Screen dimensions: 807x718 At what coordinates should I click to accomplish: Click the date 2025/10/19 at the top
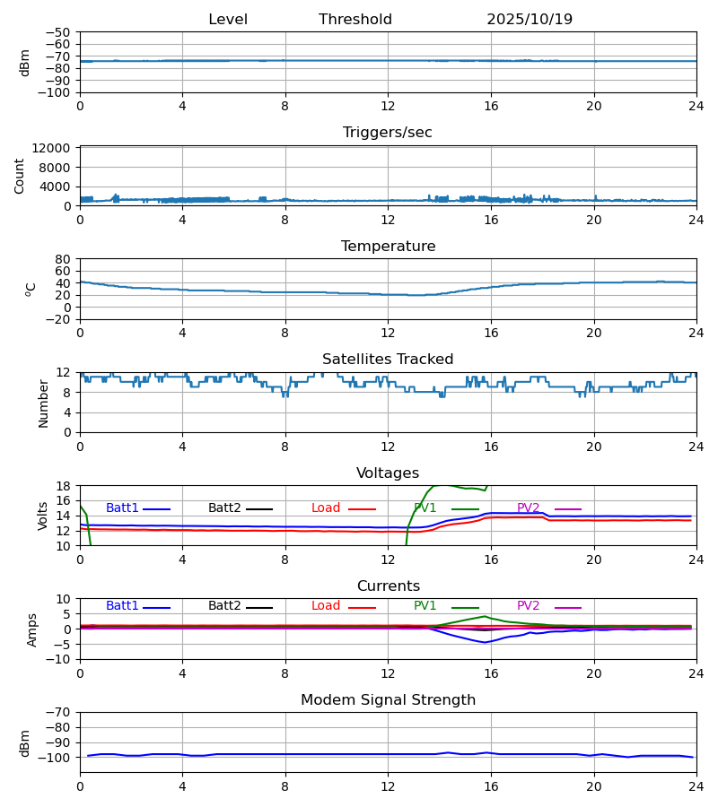530,20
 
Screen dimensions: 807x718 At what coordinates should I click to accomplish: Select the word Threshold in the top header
355,20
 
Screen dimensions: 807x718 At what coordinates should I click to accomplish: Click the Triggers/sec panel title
388,133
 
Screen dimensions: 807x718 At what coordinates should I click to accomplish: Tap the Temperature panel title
388,247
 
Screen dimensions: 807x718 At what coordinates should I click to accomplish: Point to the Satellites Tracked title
388,360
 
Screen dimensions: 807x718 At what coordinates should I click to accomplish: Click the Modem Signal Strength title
388,700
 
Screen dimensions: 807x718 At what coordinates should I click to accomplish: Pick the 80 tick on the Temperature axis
63,259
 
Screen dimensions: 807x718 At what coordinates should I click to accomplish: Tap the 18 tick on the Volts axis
63,486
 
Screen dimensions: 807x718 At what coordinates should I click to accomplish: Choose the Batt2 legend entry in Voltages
224,508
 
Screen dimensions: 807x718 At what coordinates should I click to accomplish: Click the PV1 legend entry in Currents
425,606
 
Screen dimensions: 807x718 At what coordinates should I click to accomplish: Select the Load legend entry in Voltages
326,508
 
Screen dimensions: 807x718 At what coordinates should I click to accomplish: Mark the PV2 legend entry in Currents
529,606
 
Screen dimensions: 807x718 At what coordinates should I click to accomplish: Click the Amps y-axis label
33,629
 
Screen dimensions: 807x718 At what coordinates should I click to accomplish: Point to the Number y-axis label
44,403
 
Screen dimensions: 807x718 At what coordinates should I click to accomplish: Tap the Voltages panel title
388,473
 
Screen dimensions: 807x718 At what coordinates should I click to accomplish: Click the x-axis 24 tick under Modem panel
696,785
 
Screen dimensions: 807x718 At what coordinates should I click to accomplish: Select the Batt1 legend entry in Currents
122,606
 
